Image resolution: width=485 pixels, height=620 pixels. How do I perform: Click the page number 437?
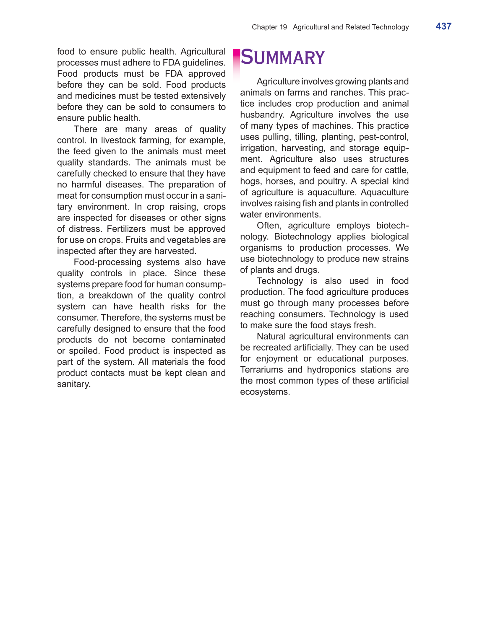(443, 26)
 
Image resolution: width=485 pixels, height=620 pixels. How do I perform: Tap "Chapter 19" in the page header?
(269, 27)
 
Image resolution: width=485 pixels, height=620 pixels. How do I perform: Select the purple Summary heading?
(283, 58)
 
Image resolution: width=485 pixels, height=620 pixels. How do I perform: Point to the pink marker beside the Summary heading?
(236, 59)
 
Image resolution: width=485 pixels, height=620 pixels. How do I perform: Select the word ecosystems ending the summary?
(265, 392)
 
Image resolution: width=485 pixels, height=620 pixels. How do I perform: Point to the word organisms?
(261, 248)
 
